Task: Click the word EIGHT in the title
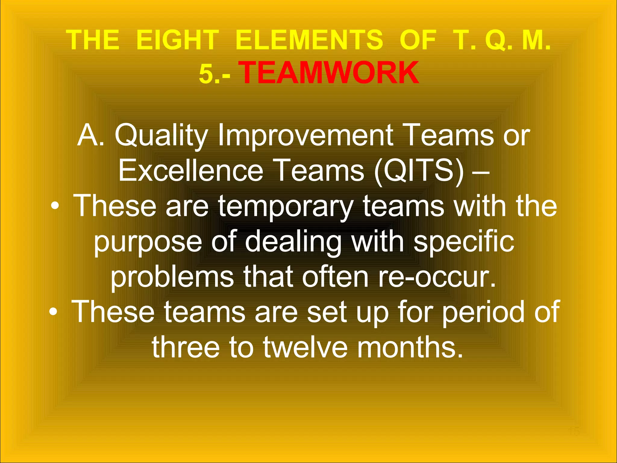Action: (177, 40)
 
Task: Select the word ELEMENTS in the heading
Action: (309, 40)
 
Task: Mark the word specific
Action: (464, 241)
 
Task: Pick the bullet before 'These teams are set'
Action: (53, 312)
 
